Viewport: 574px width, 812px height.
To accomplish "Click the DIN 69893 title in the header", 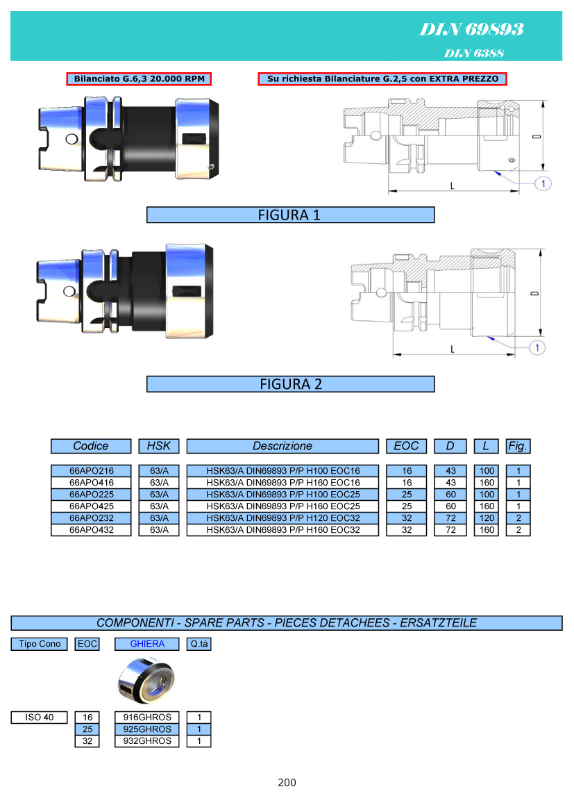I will (471, 29).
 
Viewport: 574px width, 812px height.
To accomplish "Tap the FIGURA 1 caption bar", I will (290, 215).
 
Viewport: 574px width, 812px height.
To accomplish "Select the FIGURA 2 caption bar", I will (290, 384).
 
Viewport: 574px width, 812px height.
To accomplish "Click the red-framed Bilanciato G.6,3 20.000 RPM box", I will (139, 79).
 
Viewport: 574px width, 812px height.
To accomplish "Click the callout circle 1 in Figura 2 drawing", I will (538, 347).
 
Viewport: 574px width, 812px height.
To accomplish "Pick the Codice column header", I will (91, 446).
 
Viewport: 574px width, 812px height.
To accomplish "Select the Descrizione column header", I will (282, 446).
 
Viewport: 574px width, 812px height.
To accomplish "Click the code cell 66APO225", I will (91, 494).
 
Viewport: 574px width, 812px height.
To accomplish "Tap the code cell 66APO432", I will (91, 529).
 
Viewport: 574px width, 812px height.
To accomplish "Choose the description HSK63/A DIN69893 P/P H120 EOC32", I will (282, 517).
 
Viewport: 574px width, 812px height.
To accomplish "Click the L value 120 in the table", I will (487, 517).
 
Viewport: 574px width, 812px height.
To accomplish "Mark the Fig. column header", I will (518, 446).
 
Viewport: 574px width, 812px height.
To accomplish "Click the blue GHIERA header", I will (147, 644).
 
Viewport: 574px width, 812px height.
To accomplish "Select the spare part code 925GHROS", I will (147, 729).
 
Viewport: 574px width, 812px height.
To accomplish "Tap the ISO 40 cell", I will (39, 717).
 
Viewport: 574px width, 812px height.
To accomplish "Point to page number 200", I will (287, 782).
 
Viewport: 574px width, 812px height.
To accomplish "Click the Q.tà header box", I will (199, 644).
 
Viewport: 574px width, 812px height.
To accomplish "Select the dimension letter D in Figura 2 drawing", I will (534, 295).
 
